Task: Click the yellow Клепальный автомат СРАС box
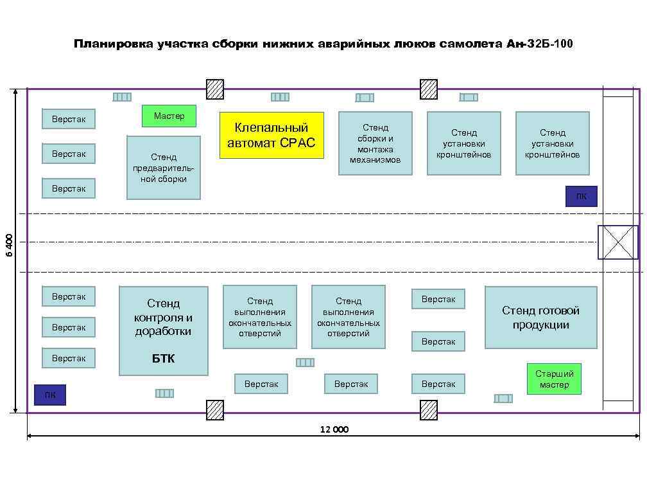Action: tap(272, 136)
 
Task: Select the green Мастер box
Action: tap(169, 116)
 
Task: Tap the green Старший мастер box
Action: tap(554, 379)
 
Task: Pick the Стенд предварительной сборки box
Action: tap(164, 168)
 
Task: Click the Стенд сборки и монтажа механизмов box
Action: tap(375, 143)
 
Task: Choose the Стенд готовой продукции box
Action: tap(540, 318)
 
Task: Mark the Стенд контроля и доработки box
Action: tap(164, 331)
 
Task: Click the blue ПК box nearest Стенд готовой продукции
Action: tap(581, 197)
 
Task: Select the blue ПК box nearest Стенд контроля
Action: tap(50, 395)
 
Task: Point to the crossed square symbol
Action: tap(617, 242)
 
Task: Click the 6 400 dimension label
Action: tap(10, 245)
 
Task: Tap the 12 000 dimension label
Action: tap(334, 429)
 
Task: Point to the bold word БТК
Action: tap(163, 359)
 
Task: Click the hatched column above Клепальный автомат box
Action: tap(215, 89)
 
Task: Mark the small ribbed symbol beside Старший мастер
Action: tap(503, 399)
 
